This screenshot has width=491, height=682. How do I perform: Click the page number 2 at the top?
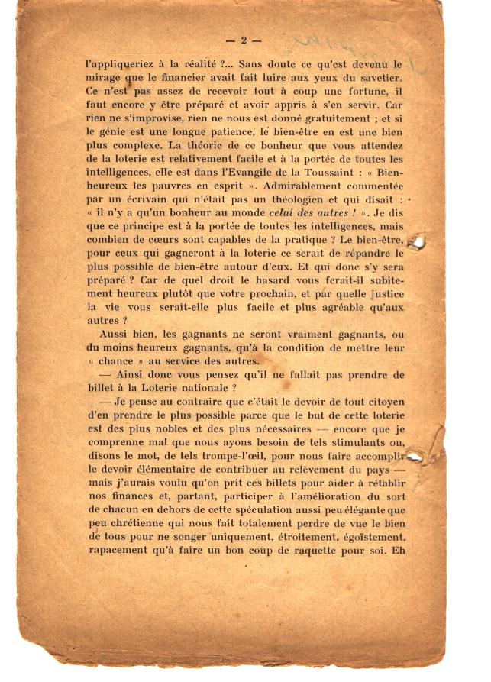[x=244, y=40]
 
